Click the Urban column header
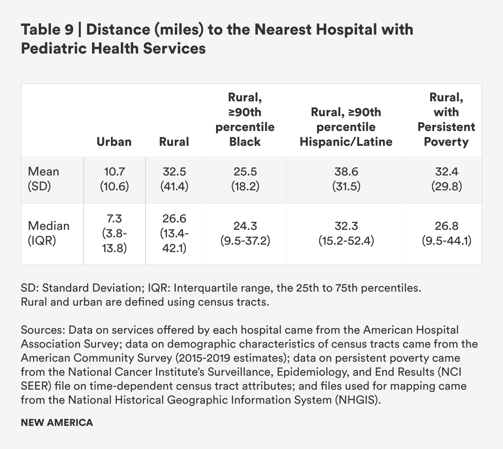pyautogui.click(x=114, y=142)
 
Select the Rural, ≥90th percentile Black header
pyautogui.click(x=245, y=119)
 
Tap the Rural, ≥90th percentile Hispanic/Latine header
pyautogui.click(x=346, y=127)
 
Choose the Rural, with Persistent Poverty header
pyautogui.click(x=446, y=119)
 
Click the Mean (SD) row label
pyautogui.click(x=44, y=179)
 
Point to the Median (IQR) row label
pyautogui.click(x=49, y=233)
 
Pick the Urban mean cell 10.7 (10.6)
pyautogui.click(x=114, y=179)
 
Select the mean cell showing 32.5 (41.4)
pyautogui.click(x=174, y=179)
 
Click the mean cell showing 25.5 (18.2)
pyautogui.click(x=245, y=179)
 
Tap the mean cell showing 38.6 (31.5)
pyautogui.click(x=346, y=179)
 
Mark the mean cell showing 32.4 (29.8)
pyautogui.click(x=446, y=179)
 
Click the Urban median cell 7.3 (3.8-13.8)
pyautogui.click(x=114, y=233)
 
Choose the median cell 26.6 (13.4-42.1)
pyautogui.click(x=174, y=233)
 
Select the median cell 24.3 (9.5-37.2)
pyautogui.click(x=245, y=233)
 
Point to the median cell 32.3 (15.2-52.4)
pyautogui.click(x=346, y=233)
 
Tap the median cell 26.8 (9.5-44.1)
pyautogui.click(x=446, y=233)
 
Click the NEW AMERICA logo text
pyautogui.click(x=57, y=423)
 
